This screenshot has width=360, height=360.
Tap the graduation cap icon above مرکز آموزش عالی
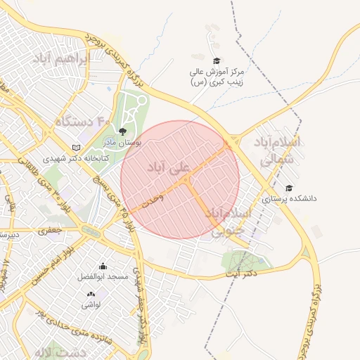tap(217, 61)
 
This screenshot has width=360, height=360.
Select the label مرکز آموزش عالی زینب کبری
tap(217, 77)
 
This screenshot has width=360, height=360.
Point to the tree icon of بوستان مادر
tap(122, 131)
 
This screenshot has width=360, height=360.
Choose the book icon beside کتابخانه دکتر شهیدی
tap(76, 148)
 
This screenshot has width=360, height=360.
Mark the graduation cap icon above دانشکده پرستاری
tap(289, 188)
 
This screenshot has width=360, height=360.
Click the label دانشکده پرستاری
tap(289, 199)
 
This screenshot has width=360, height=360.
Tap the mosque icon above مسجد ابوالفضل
tap(103, 266)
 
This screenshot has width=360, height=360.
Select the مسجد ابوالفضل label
tap(103, 277)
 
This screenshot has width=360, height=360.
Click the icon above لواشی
tap(91, 293)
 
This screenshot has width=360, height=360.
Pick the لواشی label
tap(91, 304)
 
